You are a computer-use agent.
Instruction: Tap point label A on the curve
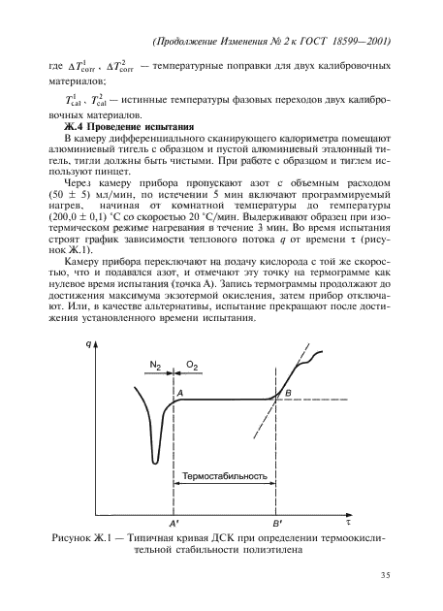coord(180,390)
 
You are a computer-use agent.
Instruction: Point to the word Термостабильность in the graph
coord(225,476)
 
